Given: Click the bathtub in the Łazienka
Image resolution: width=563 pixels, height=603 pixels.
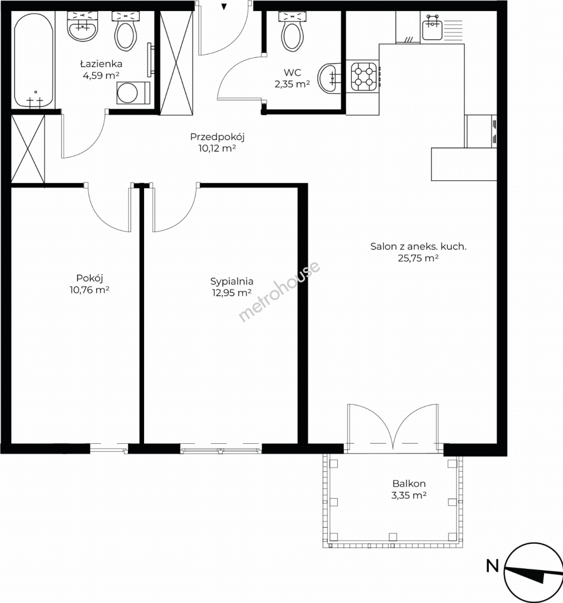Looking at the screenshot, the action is pyautogui.click(x=34, y=61).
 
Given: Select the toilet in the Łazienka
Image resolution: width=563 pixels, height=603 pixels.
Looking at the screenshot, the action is pyautogui.click(x=126, y=31).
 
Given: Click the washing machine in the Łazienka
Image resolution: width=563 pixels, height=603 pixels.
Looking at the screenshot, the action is pyautogui.click(x=133, y=93).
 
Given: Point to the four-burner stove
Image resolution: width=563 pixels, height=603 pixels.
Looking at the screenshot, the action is pyautogui.click(x=364, y=76).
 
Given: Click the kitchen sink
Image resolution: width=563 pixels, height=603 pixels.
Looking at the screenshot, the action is pyautogui.click(x=432, y=28).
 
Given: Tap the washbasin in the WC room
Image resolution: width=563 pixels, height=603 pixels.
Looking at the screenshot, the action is pyautogui.click(x=330, y=78).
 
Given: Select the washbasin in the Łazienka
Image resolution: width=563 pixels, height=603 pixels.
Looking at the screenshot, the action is pyautogui.click(x=83, y=26).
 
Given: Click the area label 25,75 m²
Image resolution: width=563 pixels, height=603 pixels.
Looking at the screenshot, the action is pyautogui.click(x=418, y=258).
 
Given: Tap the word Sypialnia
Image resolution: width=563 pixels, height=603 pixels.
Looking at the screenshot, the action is pyautogui.click(x=232, y=281).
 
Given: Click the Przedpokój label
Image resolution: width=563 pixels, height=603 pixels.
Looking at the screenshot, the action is pyautogui.click(x=217, y=137).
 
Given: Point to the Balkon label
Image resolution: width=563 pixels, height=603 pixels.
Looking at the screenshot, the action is pyautogui.click(x=409, y=484).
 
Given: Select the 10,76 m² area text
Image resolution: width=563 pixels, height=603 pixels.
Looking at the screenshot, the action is pyautogui.click(x=89, y=290).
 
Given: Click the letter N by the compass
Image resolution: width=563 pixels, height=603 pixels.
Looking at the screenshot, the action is pyautogui.click(x=493, y=566).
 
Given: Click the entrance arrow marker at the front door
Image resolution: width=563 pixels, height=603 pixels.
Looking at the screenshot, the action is pyautogui.click(x=224, y=6).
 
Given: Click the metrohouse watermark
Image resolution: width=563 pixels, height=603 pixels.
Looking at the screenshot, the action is pyautogui.click(x=279, y=291).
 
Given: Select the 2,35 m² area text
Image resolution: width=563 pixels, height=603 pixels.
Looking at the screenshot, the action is pyautogui.click(x=292, y=84).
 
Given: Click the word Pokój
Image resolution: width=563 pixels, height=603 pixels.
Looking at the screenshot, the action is pyautogui.click(x=90, y=279).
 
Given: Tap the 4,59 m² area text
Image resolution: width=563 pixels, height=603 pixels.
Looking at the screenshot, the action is pyautogui.click(x=101, y=75).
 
